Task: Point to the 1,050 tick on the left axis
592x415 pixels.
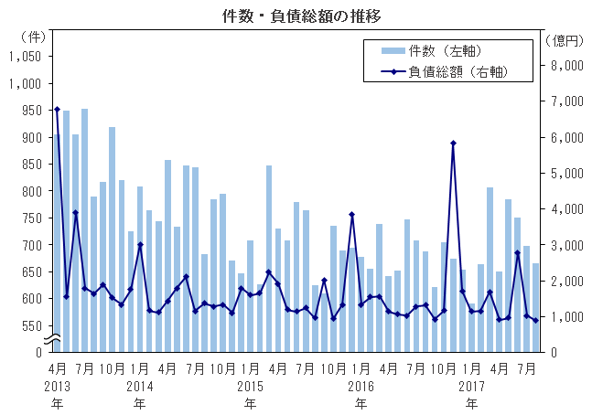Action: tap(27, 56)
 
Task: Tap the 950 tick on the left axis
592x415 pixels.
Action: tap(32, 110)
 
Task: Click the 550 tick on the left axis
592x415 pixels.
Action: tap(32, 325)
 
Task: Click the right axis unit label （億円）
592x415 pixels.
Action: tap(564, 40)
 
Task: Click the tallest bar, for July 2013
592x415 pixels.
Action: tap(84, 229)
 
